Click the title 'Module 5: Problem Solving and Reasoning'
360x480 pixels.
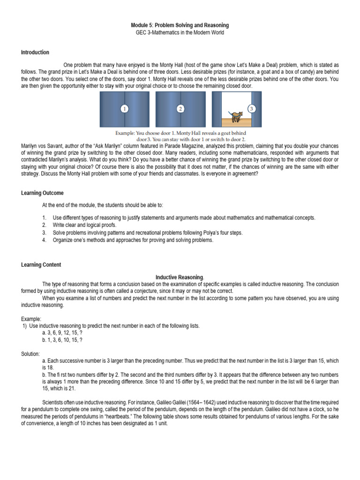point(180,25)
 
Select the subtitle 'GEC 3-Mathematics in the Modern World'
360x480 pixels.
point(180,33)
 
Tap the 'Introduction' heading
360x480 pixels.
point(35,52)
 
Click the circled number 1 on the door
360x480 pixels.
point(124,109)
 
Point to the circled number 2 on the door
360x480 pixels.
point(180,109)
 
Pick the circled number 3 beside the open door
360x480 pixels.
point(252,109)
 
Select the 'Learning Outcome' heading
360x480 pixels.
point(42,193)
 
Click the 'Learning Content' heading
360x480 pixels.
point(41,265)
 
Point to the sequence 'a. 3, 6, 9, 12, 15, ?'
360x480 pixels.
point(62,333)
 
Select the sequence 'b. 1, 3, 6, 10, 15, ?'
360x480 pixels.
point(62,340)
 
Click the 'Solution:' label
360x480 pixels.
point(30,353)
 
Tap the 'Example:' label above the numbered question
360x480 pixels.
point(31,319)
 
